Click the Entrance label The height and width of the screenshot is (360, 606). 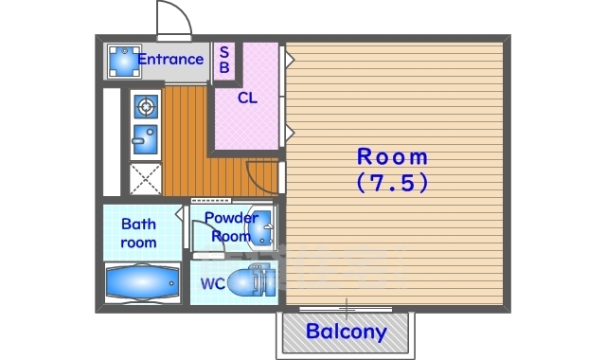(170, 60)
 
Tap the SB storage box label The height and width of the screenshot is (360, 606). (224, 59)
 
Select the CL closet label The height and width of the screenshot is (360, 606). (247, 99)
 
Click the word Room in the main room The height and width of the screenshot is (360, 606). (392, 157)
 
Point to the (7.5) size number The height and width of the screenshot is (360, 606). (392, 182)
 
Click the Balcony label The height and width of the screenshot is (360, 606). (347, 332)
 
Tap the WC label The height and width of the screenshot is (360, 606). (212, 284)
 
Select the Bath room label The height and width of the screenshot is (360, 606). (139, 233)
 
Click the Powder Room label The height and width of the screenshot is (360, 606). (231, 226)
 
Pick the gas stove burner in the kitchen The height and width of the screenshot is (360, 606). (146, 106)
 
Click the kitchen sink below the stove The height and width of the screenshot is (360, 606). (145, 139)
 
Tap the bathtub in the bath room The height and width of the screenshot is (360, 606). (142, 283)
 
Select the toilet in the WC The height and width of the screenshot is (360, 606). (247, 280)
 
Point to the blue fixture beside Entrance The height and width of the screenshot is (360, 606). (124, 61)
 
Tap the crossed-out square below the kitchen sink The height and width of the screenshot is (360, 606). (145, 179)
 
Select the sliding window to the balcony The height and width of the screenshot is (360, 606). (346, 309)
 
